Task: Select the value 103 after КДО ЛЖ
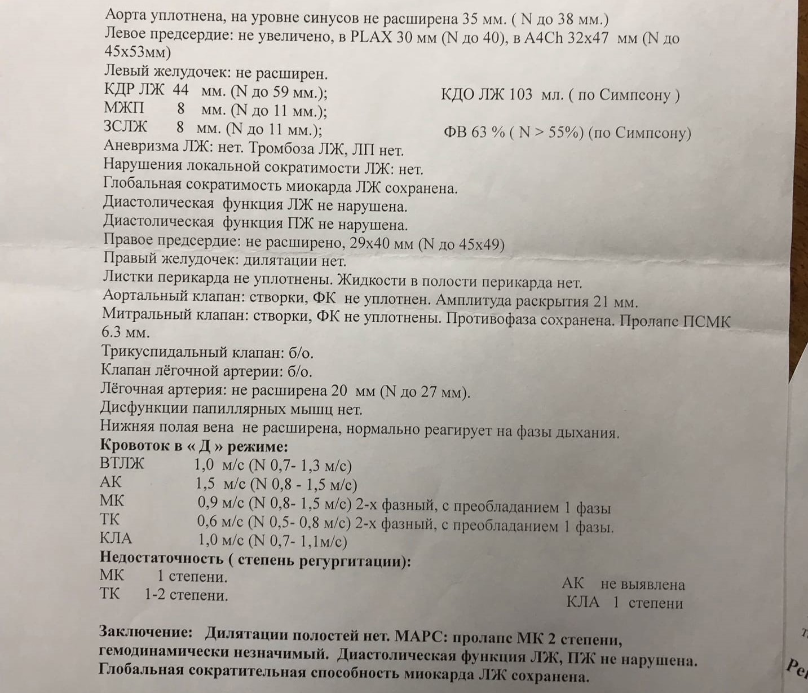(520, 94)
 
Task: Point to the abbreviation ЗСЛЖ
(125, 128)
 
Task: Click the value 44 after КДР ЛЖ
(180, 90)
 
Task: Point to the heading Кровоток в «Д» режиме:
(194, 446)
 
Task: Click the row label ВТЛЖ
(122, 464)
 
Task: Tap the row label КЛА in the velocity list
(116, 538)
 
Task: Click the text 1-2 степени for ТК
(186, 595)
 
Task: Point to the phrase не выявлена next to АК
(642, 584)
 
